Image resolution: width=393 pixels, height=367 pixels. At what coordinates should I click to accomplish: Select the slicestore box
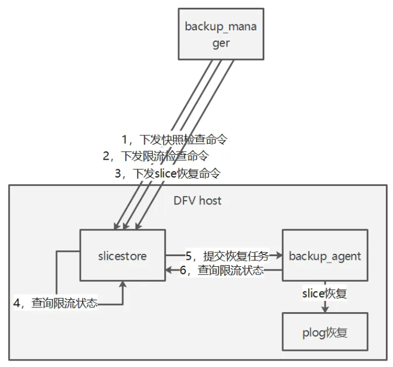pos(123,256)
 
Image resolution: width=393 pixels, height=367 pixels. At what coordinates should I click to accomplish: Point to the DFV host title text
pos(197,200)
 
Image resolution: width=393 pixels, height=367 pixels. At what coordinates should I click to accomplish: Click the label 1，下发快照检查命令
pos(174,140)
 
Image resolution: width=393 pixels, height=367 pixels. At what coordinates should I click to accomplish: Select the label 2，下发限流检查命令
pos(155,157)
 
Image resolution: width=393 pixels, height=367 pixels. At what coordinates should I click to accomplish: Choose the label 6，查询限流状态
pos(223,270)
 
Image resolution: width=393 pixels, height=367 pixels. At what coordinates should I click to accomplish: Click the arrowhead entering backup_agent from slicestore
pos(279,256)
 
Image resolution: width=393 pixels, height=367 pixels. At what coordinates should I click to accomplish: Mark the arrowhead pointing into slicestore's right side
pos(169,270)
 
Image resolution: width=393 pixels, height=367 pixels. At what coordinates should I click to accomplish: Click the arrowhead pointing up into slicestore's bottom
pos(123,286)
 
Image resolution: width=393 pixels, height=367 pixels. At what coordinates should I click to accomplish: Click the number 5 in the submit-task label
pos(189,256)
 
